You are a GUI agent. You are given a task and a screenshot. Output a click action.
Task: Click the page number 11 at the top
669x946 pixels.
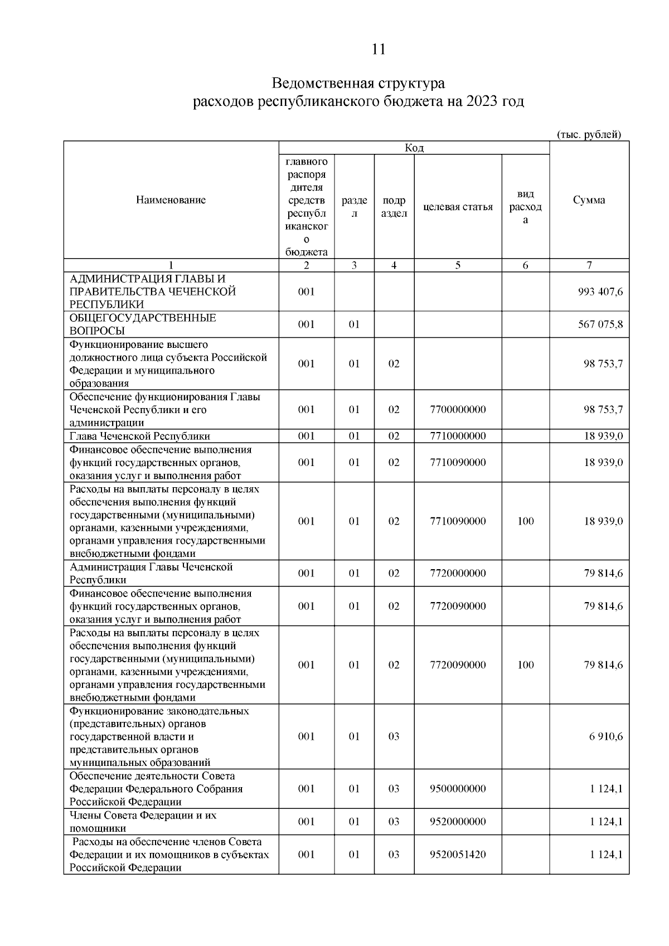point(378,49)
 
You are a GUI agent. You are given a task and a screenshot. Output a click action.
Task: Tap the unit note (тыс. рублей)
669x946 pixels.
point(589,134)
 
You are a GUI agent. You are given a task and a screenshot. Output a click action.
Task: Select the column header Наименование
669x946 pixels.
point(171,200)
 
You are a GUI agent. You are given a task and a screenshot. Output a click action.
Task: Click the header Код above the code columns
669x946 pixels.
point(414,148)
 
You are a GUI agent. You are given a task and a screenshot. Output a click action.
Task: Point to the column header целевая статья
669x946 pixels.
point(458,207)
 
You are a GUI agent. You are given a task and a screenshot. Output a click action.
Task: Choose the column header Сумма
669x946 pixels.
point(589,200)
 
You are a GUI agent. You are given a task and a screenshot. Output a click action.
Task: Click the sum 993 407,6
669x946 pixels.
point(600,292)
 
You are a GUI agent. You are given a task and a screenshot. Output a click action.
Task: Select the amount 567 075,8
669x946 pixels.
point(600,324)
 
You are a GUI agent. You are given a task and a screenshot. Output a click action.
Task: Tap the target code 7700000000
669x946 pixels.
point(458,410)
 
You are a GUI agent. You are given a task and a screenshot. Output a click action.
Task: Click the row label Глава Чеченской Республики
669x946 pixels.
point(140,436)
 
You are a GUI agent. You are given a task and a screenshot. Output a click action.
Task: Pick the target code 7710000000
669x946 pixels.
point(458,436)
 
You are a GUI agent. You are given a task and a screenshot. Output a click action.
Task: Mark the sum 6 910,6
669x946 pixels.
point(606,736)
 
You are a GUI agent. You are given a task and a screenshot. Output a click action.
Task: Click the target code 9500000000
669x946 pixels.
point(458,789)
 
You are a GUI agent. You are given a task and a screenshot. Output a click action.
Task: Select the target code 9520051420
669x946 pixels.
point(458,855)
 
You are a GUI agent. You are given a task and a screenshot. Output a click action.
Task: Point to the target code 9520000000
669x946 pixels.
point(458,822)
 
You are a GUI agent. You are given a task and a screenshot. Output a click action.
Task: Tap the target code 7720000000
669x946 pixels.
point(458,573)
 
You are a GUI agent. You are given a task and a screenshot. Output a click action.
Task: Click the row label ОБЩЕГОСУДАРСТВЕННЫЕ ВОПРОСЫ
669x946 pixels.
point(142,324)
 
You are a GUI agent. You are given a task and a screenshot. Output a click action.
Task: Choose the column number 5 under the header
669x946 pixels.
point(458,265)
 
